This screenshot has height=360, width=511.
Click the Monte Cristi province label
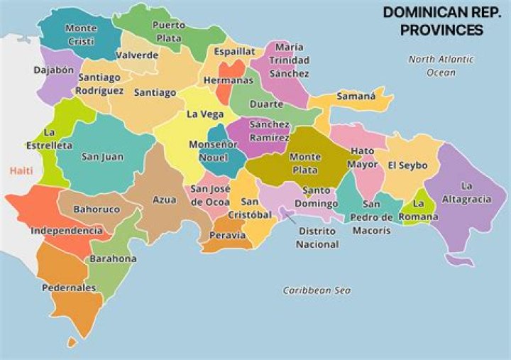coord(81,34)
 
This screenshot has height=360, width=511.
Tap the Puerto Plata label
coord(168,32)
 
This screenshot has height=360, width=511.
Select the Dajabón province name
coord(53,70)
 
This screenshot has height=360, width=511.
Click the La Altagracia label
coord(466,192)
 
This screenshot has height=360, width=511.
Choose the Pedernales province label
coord(68,288)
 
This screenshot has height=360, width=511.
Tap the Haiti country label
coord(21,170)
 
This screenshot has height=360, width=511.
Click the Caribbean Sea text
coord(317,290)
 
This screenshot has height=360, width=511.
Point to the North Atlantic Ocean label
coord(441,66)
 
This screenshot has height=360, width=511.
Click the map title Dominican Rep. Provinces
coord(433,21)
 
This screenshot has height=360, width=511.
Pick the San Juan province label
coord(102,157)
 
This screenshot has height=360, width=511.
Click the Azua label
coord(165,200)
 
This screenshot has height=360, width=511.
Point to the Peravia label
coord(227,235)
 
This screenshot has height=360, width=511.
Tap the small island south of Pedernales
coord(71,342)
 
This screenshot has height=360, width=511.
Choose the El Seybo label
coord(407,165)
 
